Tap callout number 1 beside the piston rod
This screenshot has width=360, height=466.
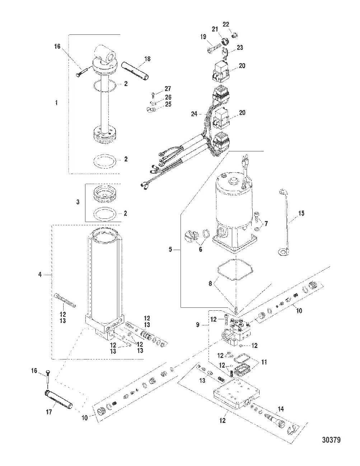pyautogui.click(x=56, y=103)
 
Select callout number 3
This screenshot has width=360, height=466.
pyautogui.click(x=78, y=202)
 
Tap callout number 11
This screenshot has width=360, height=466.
pyautogui.click(x=265, y=363)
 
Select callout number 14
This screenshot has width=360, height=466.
pyautogui.click(x=281, y=409)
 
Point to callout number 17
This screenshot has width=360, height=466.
pyautogui.click(x=49, y=412)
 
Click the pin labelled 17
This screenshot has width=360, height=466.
pyautogui.click(x=59, y=399)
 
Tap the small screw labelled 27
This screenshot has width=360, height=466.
pyautogui.click(x=152, y=95)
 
